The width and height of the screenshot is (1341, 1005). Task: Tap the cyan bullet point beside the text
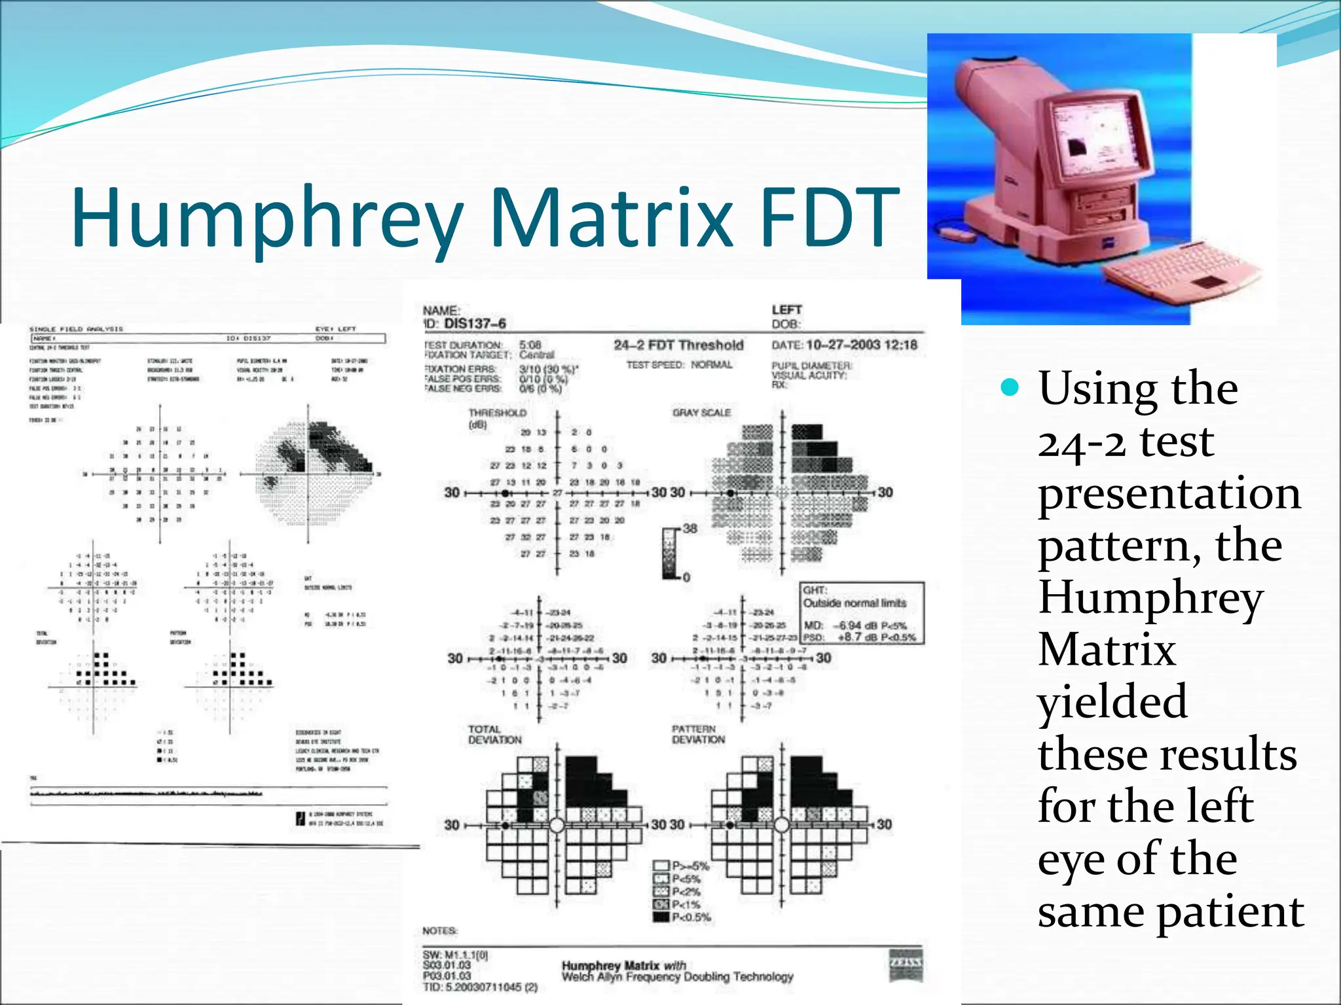point(1010,388)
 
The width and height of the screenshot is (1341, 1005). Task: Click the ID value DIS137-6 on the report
point(475,323)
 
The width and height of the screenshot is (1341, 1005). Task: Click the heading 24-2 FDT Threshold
point(678,345)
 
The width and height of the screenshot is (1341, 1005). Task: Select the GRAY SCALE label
point(701,413)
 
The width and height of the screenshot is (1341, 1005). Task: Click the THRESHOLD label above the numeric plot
point(498,413)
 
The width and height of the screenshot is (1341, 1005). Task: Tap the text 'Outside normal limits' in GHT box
point(854,603)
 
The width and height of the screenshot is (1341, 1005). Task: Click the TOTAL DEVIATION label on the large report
point(495,734)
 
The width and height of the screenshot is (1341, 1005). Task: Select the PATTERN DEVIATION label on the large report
point(698,734)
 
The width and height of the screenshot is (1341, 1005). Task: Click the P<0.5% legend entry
point(691,917)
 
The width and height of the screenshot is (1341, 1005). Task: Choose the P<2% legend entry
point(686,891)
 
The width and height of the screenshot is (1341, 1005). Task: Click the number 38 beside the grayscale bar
point(690,528)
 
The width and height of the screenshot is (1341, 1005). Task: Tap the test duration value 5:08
point(530,345)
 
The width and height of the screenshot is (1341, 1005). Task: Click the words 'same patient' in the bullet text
point(1171,911)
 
